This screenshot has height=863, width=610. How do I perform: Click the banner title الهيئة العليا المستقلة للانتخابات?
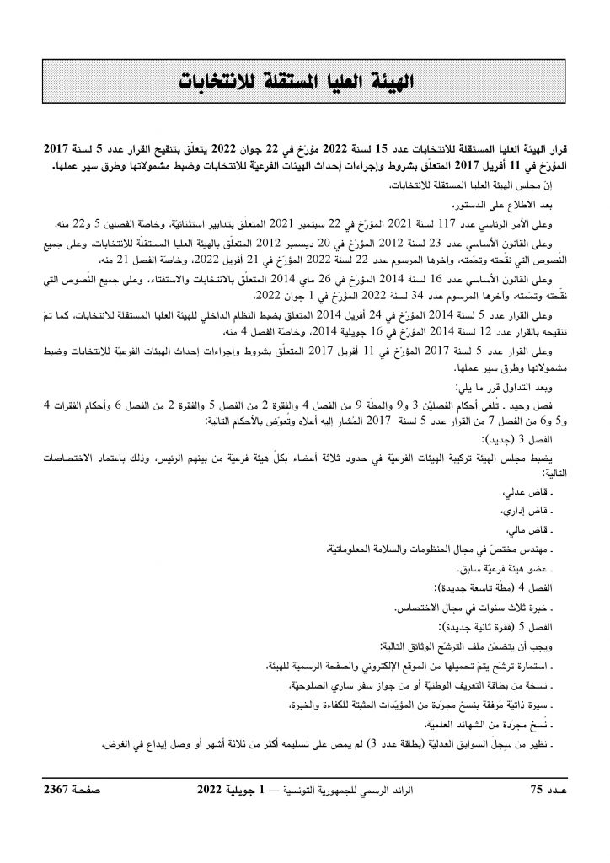(x=304, y=83)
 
